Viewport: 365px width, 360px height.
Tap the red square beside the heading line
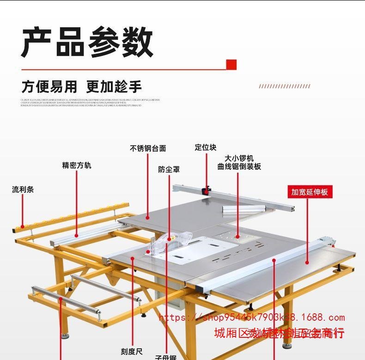click(231, 64)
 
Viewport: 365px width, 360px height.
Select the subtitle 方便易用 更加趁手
click(81, 86)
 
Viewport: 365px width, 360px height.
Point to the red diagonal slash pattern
click(284, 86)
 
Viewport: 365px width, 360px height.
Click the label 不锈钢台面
click(148, 148)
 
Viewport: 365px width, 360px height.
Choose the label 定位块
click(206, 147)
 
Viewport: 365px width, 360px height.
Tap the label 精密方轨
click(77, 165)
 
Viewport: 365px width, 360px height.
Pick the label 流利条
click(23, 189)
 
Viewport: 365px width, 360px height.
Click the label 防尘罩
click(169, 170)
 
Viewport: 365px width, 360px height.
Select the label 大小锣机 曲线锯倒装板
click(239, 162)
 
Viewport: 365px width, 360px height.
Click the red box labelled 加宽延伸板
click(309, 191)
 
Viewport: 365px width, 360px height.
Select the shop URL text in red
click(252, 317)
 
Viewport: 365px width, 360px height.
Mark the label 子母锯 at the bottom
click(165, 357)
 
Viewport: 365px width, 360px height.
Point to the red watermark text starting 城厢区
click(280, 333)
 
